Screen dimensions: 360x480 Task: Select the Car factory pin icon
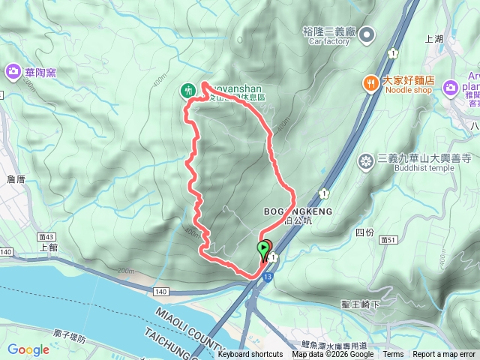coord(367,34)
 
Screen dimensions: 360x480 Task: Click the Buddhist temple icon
coord(366,160)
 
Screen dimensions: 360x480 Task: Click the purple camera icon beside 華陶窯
coord(13,72)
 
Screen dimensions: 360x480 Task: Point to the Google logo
coord(28,349)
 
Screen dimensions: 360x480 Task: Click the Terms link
coord(393,355)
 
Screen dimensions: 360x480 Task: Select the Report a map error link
coord(444,355)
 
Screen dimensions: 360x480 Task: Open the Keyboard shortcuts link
coord(250,355)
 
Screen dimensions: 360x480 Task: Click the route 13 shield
coord(268,277)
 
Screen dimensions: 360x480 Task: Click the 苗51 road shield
coord(388,239)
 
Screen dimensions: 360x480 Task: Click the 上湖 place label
coord(434,39)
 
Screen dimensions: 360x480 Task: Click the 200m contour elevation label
coord(125,271)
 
